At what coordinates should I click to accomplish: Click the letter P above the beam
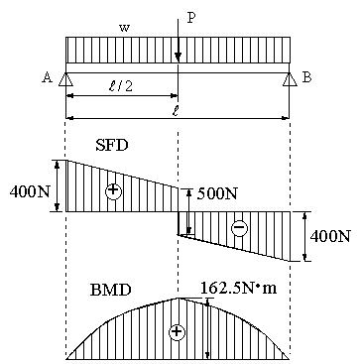191,18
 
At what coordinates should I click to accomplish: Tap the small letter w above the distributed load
124,28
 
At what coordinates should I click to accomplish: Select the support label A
48,77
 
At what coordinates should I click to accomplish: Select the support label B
306,77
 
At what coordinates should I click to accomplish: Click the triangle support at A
65,79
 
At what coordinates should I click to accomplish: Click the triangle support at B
290,79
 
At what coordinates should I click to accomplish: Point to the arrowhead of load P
179,58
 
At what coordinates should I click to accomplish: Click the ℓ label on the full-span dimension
177,111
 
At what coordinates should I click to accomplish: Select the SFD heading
111,146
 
